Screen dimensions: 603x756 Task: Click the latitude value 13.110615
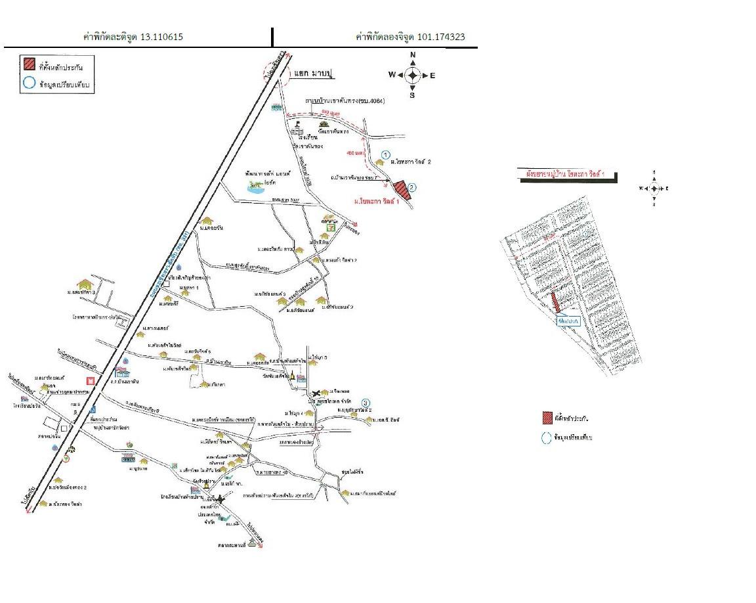pos(161,37)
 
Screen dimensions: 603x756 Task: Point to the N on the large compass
pos(413,55)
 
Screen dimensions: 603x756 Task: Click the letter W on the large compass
pos(392,75)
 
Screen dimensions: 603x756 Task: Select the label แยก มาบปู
pos(314,76)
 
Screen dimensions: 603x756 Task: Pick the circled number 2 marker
pos(411,188)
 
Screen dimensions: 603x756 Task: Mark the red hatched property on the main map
pos(399,187)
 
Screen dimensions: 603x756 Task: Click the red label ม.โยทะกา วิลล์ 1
pos(378,201)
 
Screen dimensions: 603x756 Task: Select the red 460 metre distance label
pos(354,152)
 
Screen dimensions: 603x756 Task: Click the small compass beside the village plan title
pos(654,188)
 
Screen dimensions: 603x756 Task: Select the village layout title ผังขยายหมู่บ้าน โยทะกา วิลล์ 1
pos(568,175)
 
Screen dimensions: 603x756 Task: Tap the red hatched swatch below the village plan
pos(547,418)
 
